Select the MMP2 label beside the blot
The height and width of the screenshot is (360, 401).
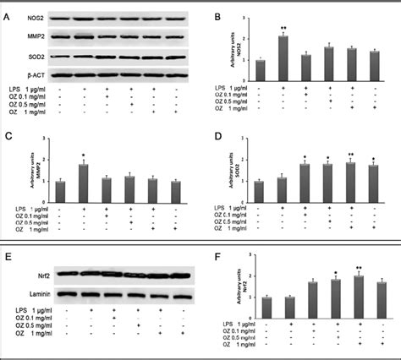[20, 35]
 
